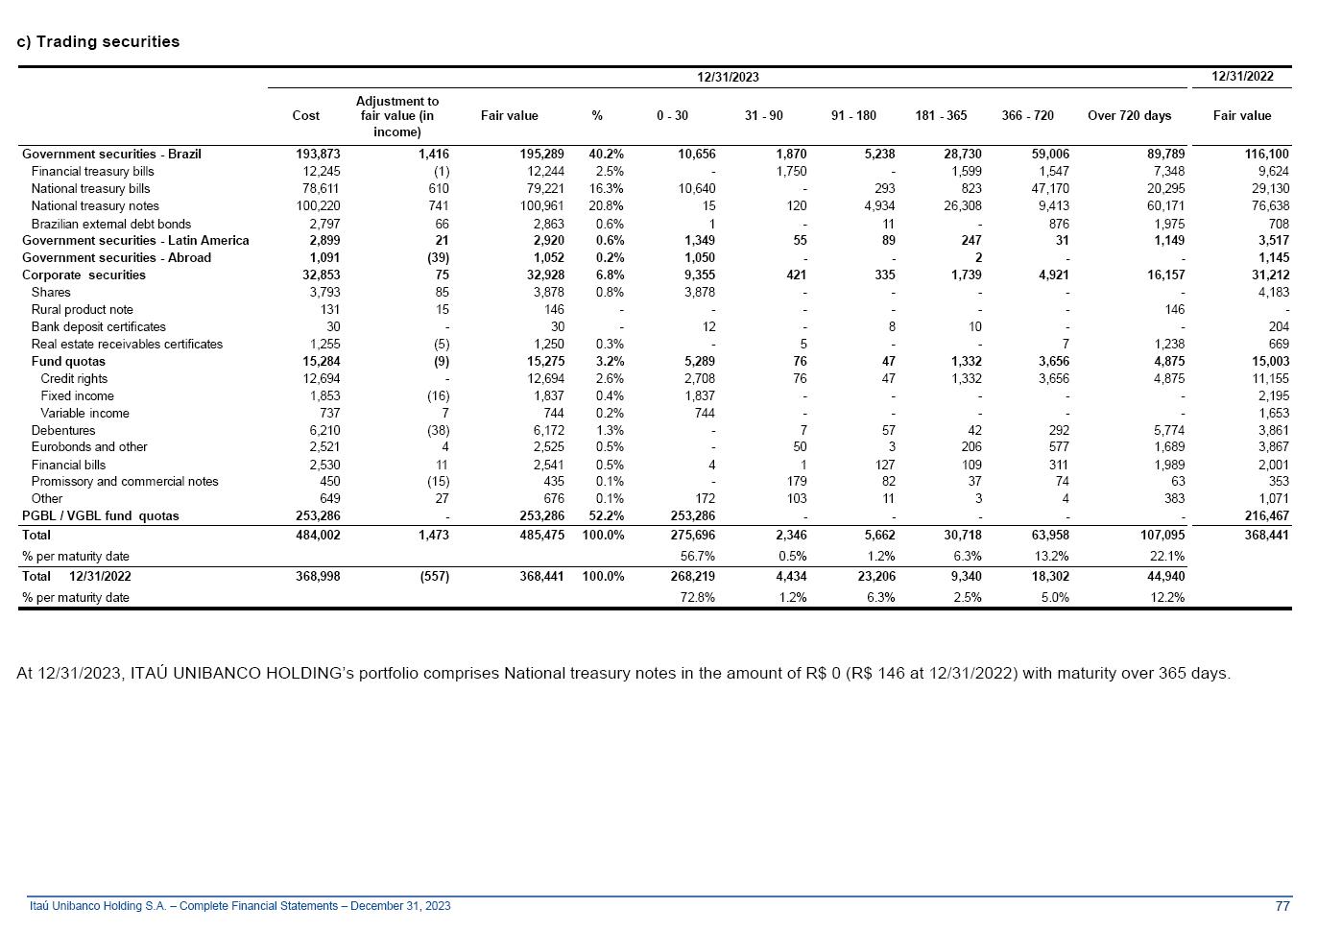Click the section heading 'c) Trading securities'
pos(98,41)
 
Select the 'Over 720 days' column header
pos(1129,115)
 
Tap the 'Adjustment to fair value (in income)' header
pos(396,116)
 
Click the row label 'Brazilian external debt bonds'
pos(110,224)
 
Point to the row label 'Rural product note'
pos(82,309)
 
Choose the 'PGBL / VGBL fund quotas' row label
pos(100,515)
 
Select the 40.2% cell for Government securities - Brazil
pos(606,154)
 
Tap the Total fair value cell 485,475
pos(541,535)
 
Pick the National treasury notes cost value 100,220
pos(318,205)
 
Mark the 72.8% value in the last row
pos(698,597)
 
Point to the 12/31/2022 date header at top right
pos(1242,76)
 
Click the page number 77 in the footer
pos(1282,906)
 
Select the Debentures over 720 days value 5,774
pos(1168,431)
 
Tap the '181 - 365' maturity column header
pos(941,115)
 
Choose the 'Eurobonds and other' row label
pos(89,446)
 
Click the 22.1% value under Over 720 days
pos(1166,556)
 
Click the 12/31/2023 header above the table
pos(728,77)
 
